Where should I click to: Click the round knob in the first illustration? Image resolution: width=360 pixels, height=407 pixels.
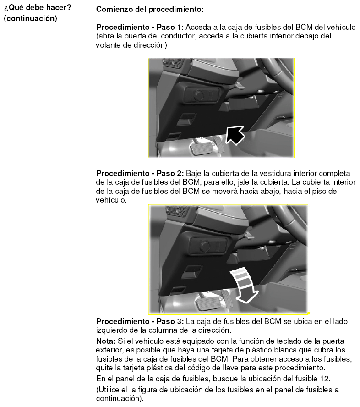199,95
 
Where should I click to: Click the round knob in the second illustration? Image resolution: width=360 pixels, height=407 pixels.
205,246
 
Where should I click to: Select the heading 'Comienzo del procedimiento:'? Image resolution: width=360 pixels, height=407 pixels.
150,9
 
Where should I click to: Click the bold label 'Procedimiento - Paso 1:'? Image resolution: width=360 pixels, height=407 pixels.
140,27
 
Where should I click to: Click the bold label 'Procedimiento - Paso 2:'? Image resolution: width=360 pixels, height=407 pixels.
140,173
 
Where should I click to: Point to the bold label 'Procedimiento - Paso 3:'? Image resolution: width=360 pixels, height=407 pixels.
140,321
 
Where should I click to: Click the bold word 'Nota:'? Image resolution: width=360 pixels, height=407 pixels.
106,341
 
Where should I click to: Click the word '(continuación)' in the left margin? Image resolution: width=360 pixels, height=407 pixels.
30,18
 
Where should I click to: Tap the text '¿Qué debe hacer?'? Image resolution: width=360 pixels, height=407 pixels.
38,7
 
